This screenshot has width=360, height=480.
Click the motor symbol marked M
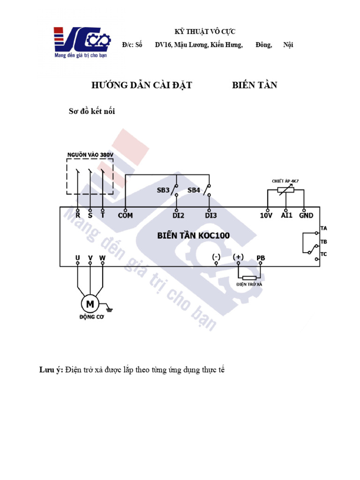pyautogui.click(x=89, y=304)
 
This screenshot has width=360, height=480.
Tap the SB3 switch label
pyautogui.click(x=163, y=190)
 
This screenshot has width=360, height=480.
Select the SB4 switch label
pyautogui.click(x=194, y=190)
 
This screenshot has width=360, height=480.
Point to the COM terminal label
pyautogui.click(x=125, y=216)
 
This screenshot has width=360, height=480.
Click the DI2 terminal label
pyautogui.click(x=178, y=216)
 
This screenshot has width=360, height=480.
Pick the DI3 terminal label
pyautogui.click(x=211, y=216)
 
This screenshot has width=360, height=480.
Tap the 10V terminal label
pyautogui.click(x=266, y=216)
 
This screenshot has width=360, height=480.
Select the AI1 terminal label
pyautogui.click(x=286, y=216)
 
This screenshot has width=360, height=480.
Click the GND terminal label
pyautogui.click(x=306, y=216)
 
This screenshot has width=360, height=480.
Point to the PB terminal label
pyautogui.click(x=261, y=258)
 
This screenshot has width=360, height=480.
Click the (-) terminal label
pyautogui.click(x=216, y=257)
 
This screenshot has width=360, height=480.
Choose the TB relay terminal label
pyautogui.click(x=323, y=242)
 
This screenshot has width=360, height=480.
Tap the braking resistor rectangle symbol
pyautogui.click(x=249, y=278)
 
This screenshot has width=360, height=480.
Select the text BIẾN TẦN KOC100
pyautogui.click(x=193, y=235)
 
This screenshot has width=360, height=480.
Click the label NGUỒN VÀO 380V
pyautogui.click(x=90, y=154)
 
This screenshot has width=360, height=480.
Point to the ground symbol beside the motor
pyautogui.click(x=110, y=308)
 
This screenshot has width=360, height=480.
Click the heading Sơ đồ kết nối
pyautogui.click(x=92, y=112)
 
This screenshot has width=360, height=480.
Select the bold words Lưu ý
pyautogui.click(x=51, y=370)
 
